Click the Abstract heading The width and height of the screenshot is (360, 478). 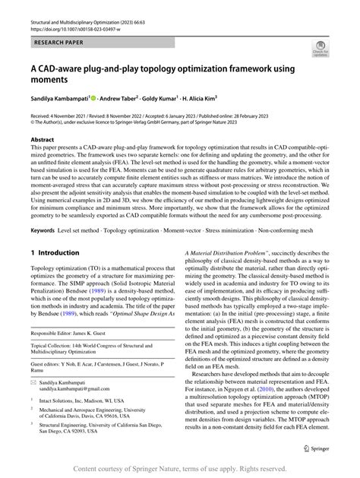click(44, 141)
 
